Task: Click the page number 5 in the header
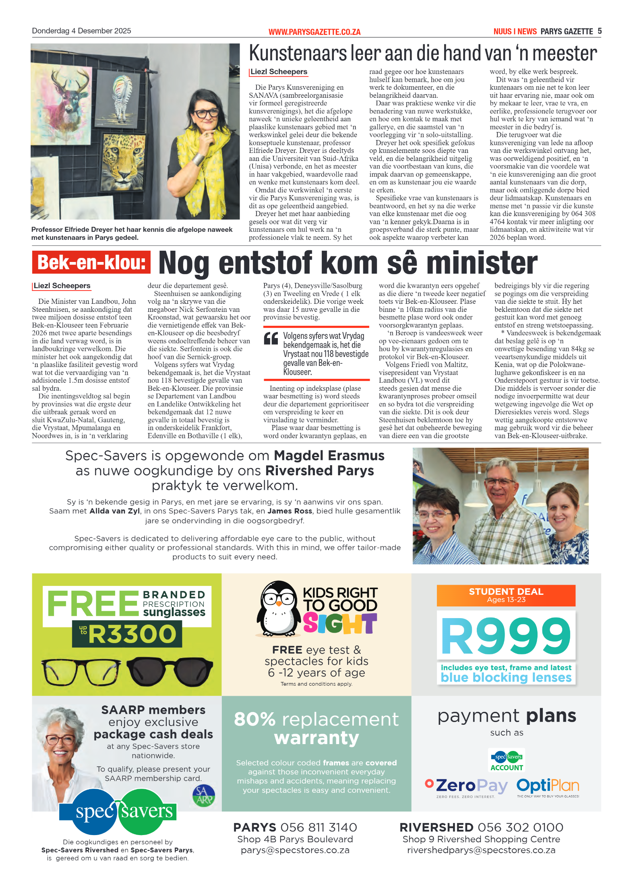[600, 31]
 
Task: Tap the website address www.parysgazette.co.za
[314, 32]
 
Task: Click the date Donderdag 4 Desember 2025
[81, 31]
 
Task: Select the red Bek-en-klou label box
[91, 262]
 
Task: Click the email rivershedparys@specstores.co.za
[481, 850]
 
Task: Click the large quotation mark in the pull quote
[271, 339]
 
